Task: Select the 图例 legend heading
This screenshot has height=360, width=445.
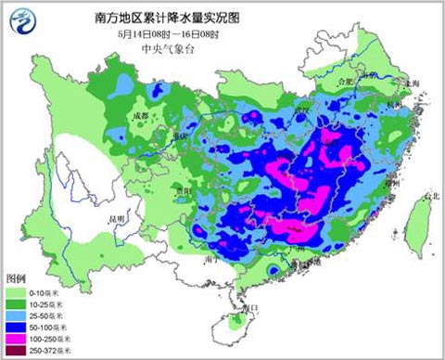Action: coord(17,278)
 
